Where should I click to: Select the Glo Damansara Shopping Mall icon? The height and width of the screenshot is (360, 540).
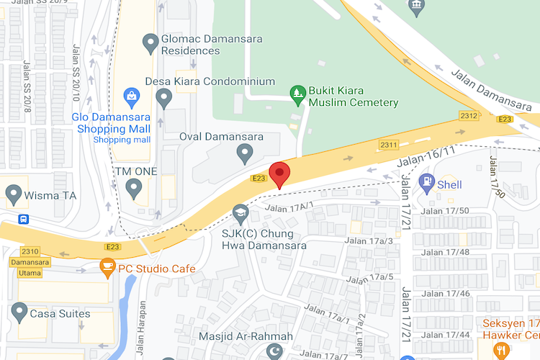[x=132, y=94]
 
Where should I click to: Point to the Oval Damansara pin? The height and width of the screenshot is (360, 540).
[x=245, y=152]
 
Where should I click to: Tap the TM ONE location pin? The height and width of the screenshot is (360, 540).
[x=133, y=188]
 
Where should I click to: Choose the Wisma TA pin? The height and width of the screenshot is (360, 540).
[x=13, y=193]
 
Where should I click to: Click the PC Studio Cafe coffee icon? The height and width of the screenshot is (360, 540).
[x=107, y=268]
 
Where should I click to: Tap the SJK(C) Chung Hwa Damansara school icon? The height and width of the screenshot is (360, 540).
[x=240, y=212]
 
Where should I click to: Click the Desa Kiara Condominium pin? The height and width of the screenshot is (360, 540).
[x=164, y=97]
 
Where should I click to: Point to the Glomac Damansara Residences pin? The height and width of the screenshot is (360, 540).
[x=150, y=43]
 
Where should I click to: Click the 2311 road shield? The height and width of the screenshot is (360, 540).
[x=389, y=145]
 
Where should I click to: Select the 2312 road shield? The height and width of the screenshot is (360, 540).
[x=469, y=115]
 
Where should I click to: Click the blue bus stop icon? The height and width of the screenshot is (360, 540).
[x=24, y=219]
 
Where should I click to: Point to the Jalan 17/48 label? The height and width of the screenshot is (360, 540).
[x=445, y=252]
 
